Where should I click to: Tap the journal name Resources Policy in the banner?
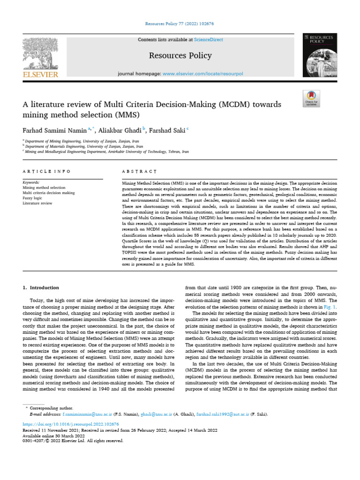coord(180,56)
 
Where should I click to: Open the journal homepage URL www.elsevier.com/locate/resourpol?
coord(204,74)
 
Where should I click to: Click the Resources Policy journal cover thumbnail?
coord(320,55)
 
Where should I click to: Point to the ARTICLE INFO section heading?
coord(47,172)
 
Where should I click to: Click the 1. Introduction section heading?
coord(41,287)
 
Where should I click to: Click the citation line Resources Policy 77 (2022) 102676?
coord(180,23)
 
